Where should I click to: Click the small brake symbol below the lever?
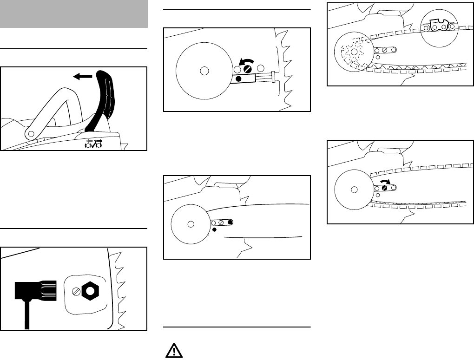pos(92,144)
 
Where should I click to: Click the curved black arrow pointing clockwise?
pos(385,181)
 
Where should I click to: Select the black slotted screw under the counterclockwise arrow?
pos(248,70)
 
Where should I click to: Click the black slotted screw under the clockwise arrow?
pos(385,188)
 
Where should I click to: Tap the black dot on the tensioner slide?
pos(238,79)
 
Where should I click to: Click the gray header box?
pos(74,14)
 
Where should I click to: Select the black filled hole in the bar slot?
pos(230,223)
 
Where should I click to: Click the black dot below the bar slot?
pos(215,229)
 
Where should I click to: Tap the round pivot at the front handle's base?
pos(31,134)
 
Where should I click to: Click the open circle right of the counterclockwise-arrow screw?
pos(260,69)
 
